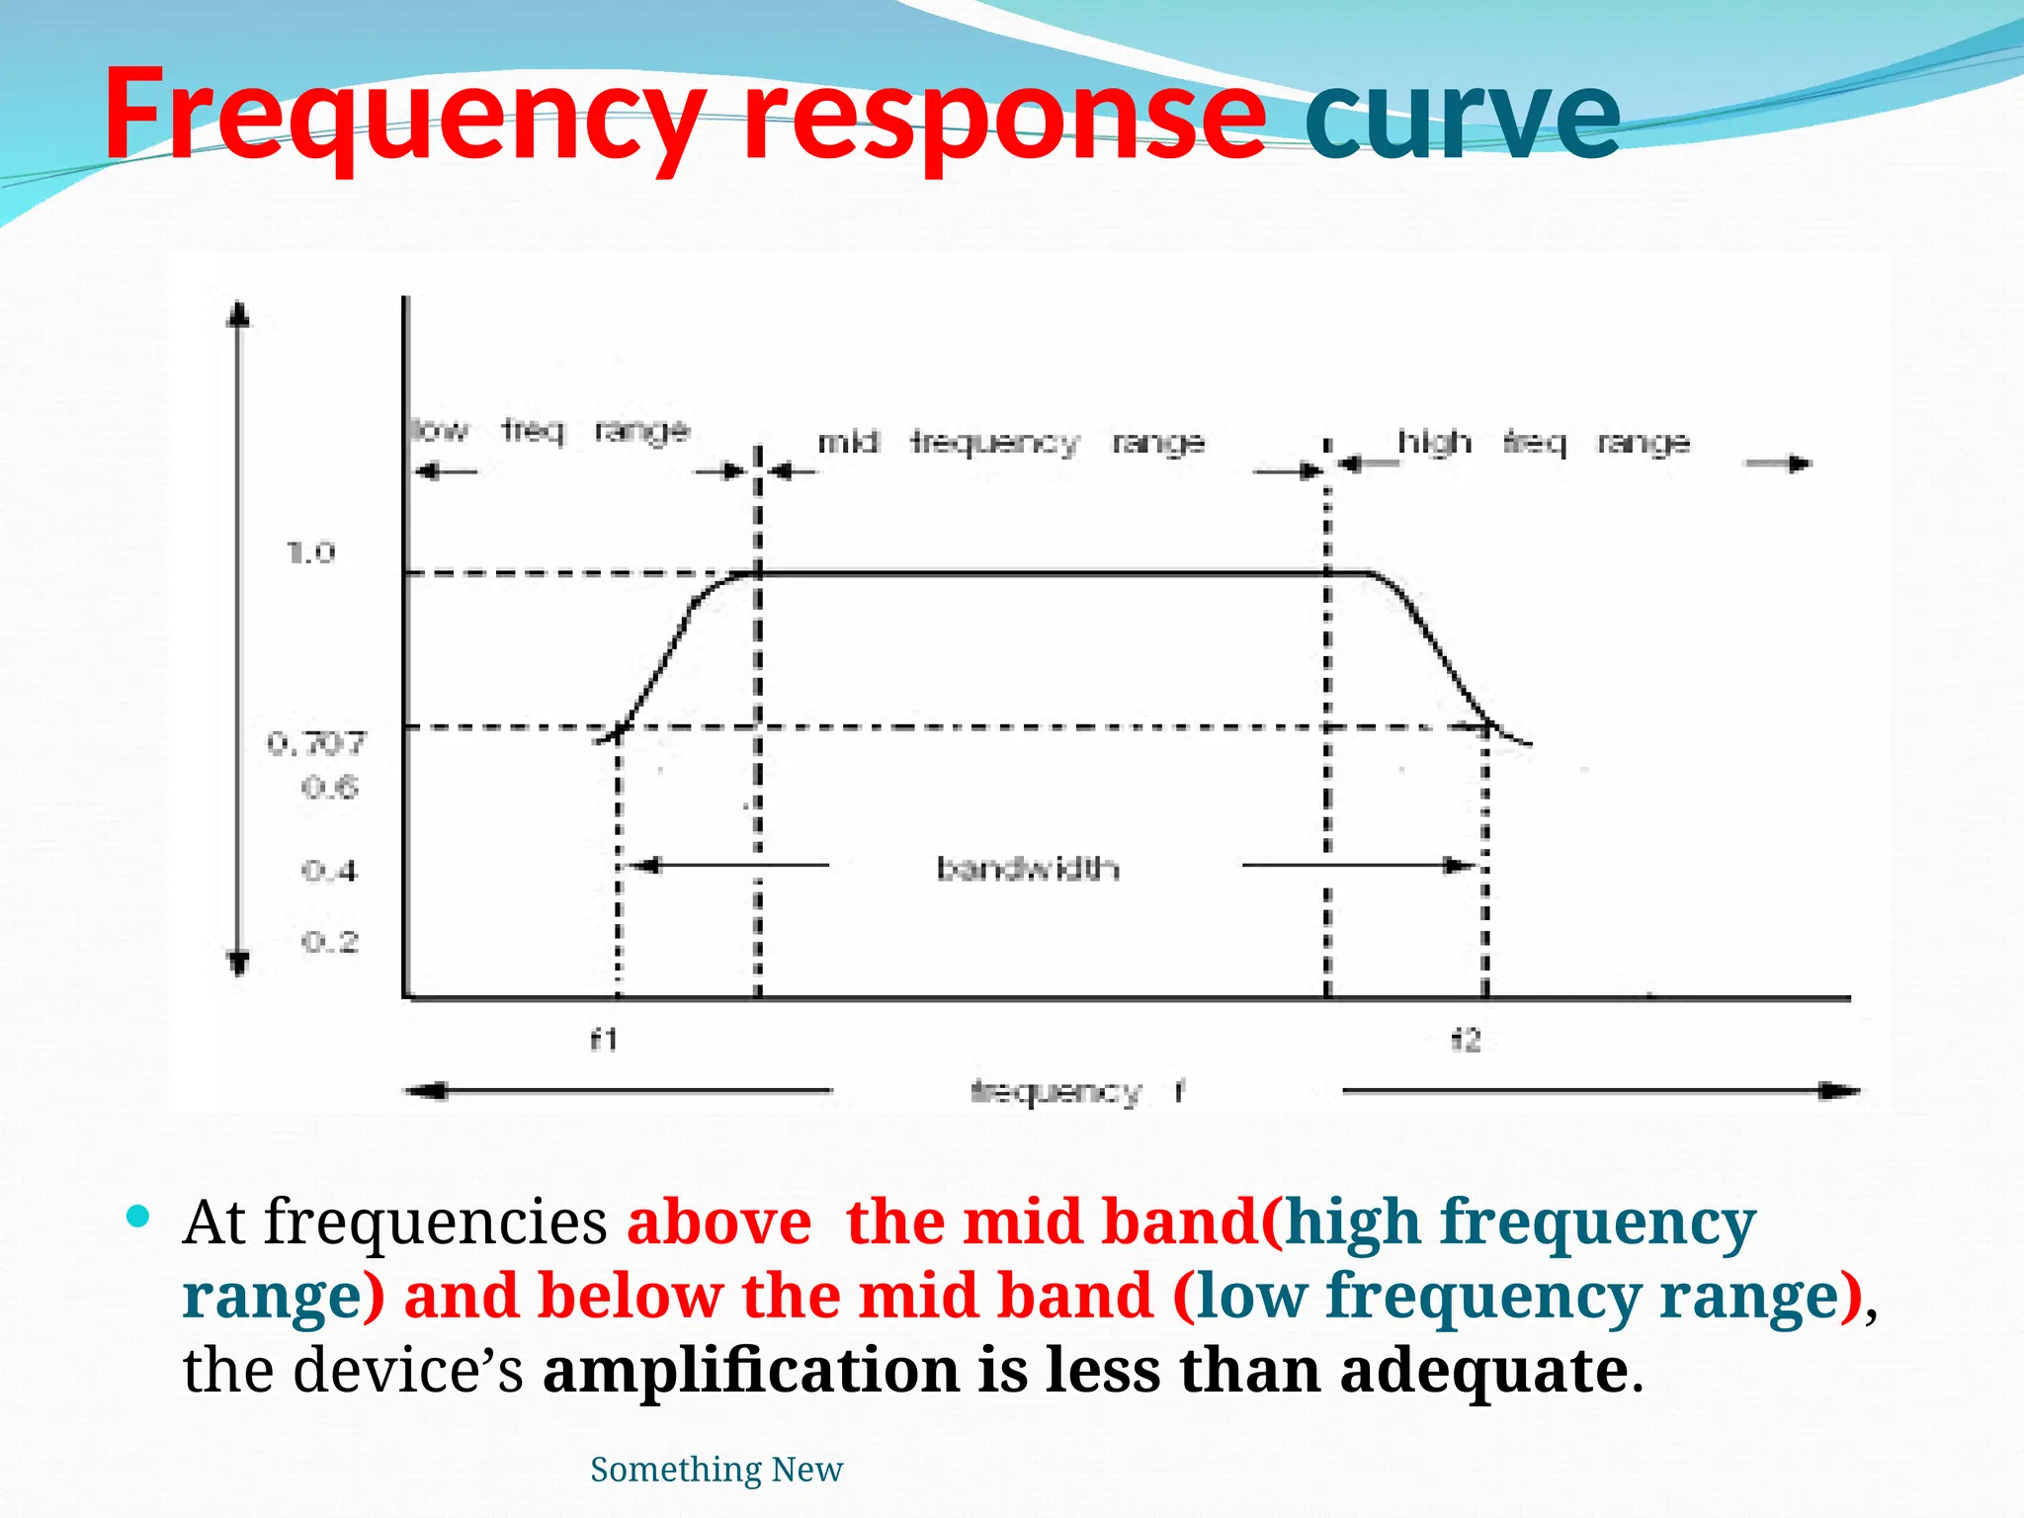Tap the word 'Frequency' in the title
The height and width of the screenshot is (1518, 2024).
[405, 117]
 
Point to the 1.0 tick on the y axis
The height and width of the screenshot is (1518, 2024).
[311, 552]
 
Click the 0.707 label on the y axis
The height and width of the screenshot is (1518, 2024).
[316, 743]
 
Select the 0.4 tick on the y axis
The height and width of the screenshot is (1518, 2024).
[329, 871]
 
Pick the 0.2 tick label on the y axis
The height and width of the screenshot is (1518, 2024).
[329, 942]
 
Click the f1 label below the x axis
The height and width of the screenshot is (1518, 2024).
[604, 1040]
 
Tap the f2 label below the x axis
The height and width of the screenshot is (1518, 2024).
[1466, 1040]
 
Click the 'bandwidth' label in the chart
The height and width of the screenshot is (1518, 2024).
[1028, 869]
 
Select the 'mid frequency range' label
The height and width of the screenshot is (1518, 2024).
[1010, 442]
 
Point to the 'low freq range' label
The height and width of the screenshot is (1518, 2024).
[549, 431]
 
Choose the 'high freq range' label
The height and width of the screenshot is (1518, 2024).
[1543, 442]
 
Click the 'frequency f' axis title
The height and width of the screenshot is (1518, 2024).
[1077, 1092]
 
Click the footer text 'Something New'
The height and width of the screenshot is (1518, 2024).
[717, 1470]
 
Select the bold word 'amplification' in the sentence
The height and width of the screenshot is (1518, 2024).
[751, 1371]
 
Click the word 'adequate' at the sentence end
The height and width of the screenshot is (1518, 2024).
[1482, 1371]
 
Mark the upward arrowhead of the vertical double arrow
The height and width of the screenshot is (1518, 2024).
[238, 314]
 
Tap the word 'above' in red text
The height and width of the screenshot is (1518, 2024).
[718, 1223]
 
